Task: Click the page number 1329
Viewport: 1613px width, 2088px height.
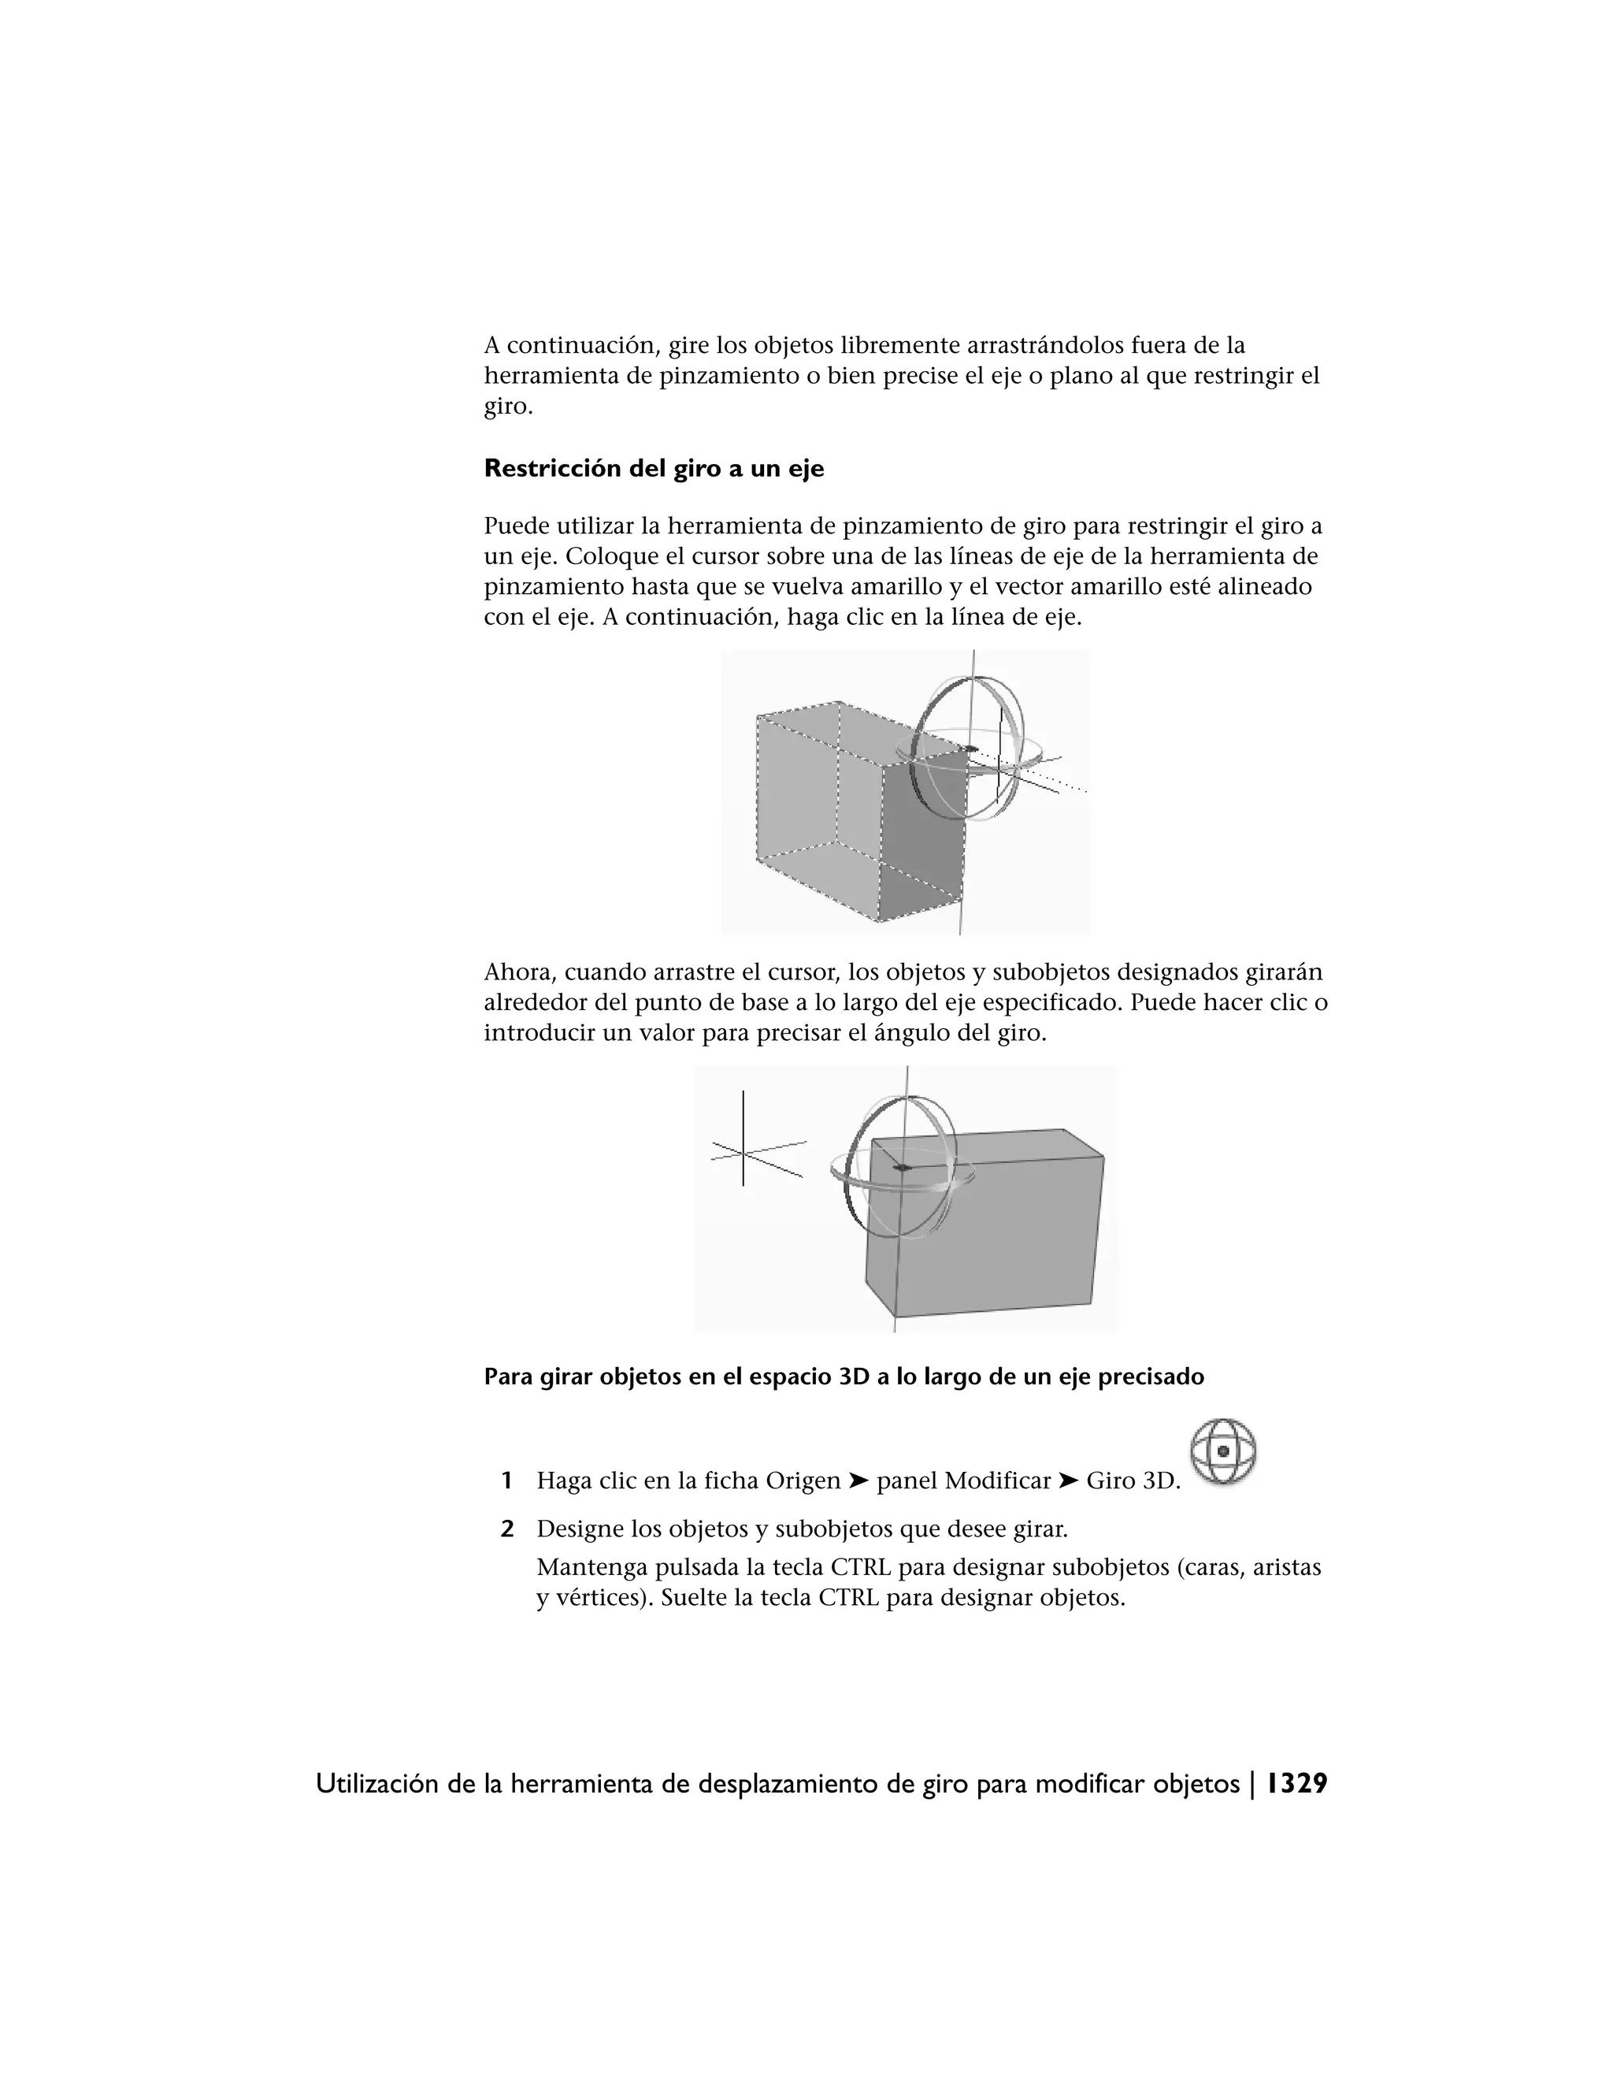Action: [1296, 1784]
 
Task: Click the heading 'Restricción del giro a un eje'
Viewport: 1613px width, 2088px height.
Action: [654, 469]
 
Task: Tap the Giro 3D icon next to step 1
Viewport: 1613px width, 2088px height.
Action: [1223, 1451]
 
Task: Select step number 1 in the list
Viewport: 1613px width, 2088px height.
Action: [506, 1481]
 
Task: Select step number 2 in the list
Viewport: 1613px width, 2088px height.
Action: [506, 1529]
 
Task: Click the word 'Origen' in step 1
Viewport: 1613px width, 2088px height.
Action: [803, 1481]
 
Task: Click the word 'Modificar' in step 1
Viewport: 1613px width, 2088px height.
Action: [998, 1481]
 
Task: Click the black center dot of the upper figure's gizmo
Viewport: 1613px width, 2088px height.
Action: [972, 749]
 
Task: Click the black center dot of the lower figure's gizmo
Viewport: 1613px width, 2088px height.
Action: [902, 1168]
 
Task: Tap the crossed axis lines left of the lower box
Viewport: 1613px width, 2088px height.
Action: [743, 1153]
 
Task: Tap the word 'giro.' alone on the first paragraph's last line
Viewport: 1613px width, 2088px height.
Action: [507, 407]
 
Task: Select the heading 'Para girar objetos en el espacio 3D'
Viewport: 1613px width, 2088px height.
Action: [843, 1377]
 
